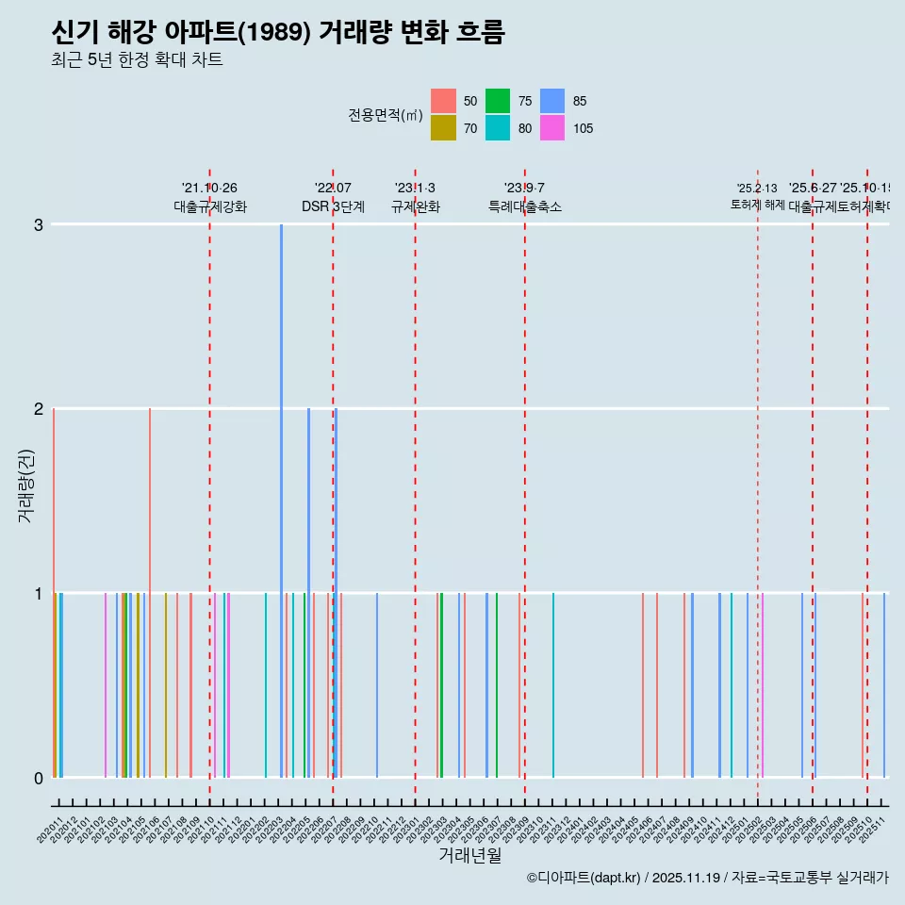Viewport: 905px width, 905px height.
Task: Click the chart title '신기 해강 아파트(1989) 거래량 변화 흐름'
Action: [278, 33]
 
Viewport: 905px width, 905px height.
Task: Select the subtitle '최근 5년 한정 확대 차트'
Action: [138, 60]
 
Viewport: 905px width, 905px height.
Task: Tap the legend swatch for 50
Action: [443, 101]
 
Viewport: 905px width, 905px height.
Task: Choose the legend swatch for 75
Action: [498, 101]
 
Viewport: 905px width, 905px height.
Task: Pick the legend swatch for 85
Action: [552, 101]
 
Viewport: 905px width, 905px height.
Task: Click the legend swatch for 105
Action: [552, 128]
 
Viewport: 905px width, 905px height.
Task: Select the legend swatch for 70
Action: [443, 128]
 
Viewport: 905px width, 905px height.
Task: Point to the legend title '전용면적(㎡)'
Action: [386, 115]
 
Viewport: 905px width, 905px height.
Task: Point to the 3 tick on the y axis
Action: [38, 224]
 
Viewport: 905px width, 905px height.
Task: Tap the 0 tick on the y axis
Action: [38, 778]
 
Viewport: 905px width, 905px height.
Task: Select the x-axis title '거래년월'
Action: [469, 855]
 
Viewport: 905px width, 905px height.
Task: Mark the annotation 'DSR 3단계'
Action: [333, 206]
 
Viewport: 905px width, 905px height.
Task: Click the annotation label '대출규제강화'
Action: [209, 206]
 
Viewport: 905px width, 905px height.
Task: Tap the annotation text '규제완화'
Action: [415, 206]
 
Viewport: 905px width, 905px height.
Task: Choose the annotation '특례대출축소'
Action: [524, 206]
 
